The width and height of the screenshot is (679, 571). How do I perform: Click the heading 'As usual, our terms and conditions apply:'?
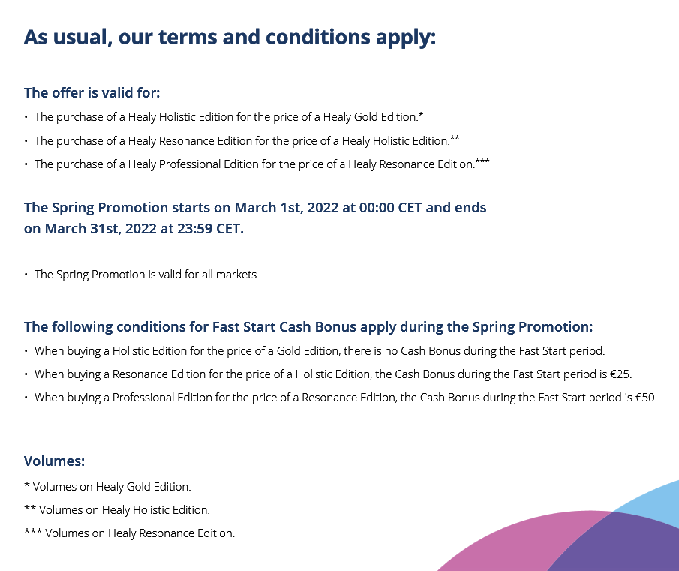click(230, 37)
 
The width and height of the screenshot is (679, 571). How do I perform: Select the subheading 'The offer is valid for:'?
click(92, 93)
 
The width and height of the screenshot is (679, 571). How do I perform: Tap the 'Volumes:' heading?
click(54, 461)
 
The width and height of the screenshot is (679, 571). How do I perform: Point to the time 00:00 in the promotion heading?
click(377, 208)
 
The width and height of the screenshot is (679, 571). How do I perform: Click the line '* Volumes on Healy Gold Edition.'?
click(107, 487)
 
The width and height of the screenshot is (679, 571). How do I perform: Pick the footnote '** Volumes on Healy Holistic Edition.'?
click(116, 510)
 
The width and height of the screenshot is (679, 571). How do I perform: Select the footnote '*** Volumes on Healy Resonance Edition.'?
click(129, 533)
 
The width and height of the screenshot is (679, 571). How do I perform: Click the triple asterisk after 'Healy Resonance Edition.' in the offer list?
click(482, 161)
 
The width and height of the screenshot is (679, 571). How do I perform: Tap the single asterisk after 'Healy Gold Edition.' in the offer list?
click(422, 116)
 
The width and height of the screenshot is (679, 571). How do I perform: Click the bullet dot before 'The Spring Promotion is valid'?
click(26, 275)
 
